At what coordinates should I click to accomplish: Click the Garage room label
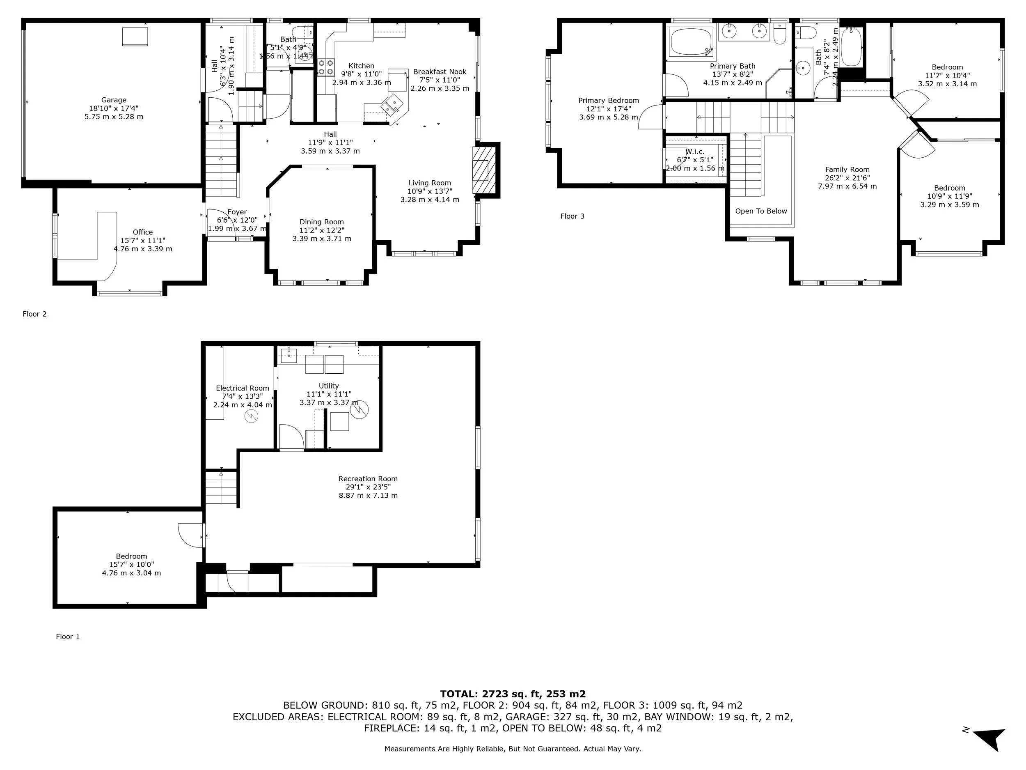tap(114, 100)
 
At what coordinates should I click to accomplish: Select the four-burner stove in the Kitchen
tap(326, 67)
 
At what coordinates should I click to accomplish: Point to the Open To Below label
tap(761, 211)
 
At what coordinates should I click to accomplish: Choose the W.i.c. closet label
tap(694, 152)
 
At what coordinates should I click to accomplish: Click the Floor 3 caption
tap(572, 216)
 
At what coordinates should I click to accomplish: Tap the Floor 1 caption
tap(68, 637)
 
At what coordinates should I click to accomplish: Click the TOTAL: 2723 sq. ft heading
tap(513, 694)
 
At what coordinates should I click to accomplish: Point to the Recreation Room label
tap(368, 479)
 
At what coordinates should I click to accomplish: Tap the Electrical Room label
tap(242, 388)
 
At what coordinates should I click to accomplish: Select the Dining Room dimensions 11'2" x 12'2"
tap(321, 230)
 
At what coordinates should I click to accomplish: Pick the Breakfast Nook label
tap(439, 72)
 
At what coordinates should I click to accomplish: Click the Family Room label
tap(847, 170)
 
